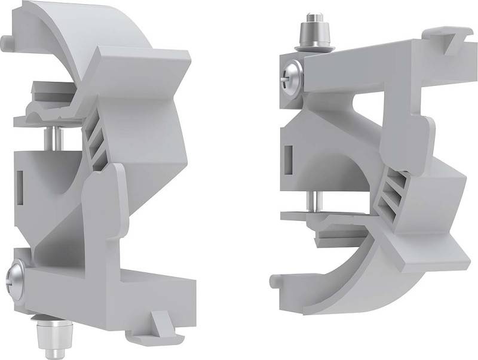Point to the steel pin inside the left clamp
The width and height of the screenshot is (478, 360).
pos(52,139)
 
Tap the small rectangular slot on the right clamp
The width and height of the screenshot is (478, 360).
pos(289,157)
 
